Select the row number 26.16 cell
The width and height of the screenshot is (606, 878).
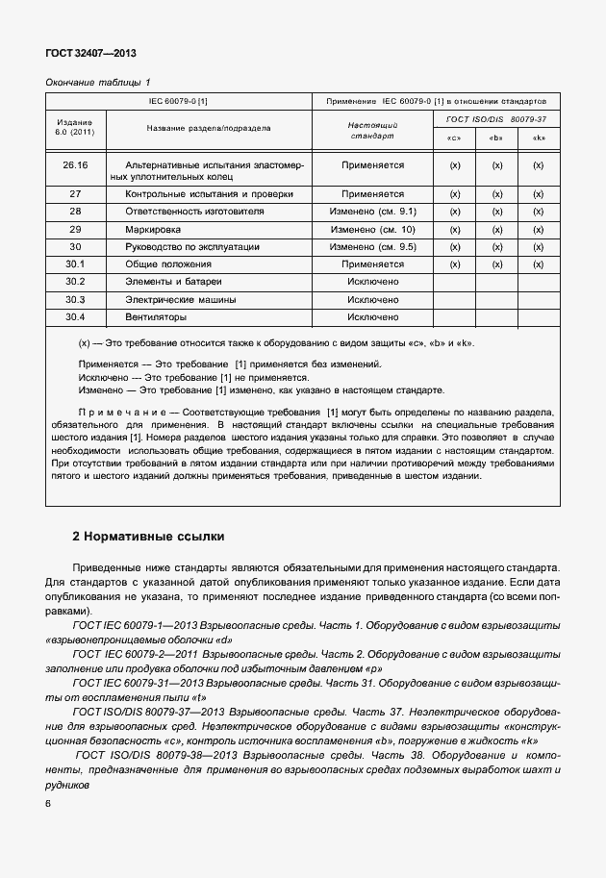(75, 165)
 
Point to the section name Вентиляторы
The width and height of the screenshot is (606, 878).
(156, 316)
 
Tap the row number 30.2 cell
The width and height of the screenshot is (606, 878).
(75, 281)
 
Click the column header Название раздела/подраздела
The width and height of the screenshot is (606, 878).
(208, 128)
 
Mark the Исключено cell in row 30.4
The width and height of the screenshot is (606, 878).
(373, 316)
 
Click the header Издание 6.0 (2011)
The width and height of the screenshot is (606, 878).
(75, 128)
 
